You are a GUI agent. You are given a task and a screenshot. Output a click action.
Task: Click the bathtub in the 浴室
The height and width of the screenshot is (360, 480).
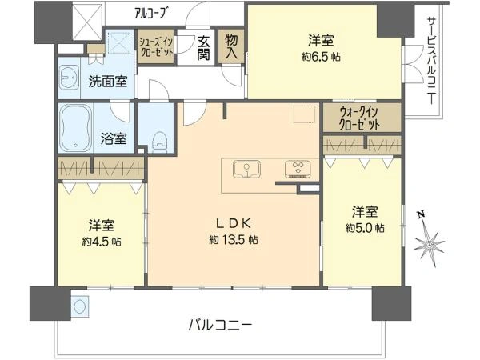pos(75,128)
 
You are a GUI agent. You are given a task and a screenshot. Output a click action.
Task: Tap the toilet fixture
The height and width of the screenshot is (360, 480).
pos(160,142)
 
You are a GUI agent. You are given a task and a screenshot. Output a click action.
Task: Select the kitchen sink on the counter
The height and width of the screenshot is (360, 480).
pos(246,169)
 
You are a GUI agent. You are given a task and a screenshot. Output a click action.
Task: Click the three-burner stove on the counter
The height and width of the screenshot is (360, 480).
pos(298,170)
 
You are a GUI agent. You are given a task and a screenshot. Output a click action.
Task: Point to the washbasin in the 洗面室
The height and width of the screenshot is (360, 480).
pos(69,77)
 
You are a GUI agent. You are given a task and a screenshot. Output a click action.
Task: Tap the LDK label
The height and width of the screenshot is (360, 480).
pos(234,224)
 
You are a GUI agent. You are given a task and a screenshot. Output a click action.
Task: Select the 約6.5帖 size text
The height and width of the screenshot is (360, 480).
pos(321,57)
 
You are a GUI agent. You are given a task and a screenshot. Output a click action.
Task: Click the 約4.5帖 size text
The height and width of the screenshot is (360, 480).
pos(102,242)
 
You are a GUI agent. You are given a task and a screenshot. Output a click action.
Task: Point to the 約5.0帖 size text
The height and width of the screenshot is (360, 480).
pos(365,228)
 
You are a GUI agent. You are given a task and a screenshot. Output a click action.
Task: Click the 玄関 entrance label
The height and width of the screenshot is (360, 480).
pos(203,48)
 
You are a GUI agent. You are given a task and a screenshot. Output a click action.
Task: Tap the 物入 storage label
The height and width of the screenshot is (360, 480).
pos(231,46)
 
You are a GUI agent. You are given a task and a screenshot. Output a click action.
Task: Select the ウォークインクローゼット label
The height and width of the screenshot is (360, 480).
pos(360,118)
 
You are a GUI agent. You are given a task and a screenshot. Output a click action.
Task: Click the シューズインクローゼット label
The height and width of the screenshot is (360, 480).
pos(156,47)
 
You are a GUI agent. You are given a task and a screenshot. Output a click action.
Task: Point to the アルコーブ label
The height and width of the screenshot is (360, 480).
pos(152,13)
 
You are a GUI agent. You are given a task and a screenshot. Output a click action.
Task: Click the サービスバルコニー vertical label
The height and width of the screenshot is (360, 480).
pos(431,61)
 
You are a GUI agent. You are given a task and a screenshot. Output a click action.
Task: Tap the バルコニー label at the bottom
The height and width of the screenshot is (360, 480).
pos(220,326)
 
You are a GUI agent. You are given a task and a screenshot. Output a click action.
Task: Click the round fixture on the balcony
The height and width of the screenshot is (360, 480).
pos(80,306)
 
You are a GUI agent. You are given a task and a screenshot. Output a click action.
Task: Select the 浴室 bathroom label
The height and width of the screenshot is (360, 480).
pos(114,139)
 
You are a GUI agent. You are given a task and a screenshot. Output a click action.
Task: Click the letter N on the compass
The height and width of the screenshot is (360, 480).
pos(422,215)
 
